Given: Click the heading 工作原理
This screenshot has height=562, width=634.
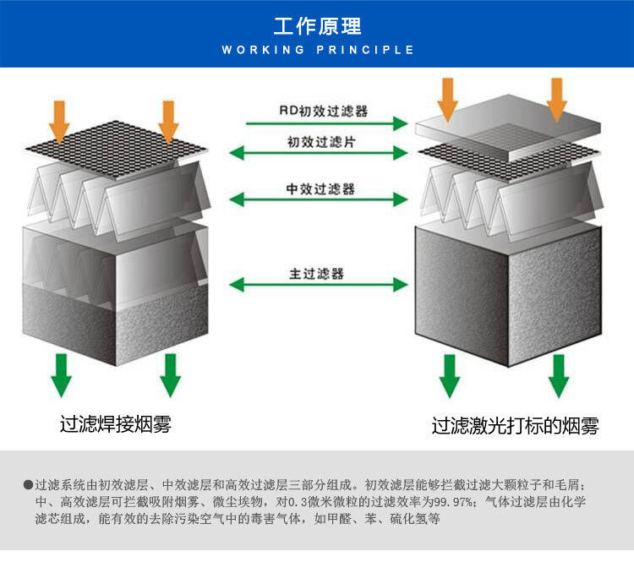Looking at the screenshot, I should [317, 25].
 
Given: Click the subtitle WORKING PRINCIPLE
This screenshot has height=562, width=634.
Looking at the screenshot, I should [317, 50].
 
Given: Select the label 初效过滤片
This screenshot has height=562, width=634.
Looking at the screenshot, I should [321, 141].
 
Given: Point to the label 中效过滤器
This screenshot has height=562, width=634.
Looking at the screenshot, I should [320, 188].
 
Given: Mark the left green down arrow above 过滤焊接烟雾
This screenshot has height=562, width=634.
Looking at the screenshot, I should [60, 374].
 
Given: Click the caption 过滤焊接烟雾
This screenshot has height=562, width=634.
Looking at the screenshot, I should [116, 423].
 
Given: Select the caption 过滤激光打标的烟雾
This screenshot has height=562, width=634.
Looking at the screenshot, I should [516, 426].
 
